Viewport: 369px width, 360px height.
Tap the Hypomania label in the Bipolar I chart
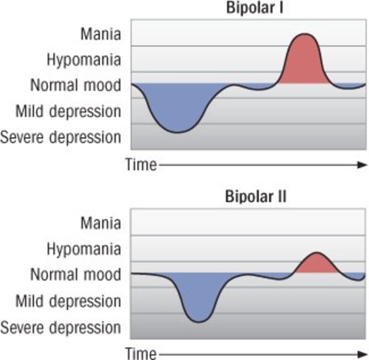(x=84, y=59)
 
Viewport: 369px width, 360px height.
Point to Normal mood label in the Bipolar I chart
(x=75, y=85)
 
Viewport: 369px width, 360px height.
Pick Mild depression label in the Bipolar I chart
(x=69, y=111)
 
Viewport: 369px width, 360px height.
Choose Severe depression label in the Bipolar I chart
(x=61, y=137)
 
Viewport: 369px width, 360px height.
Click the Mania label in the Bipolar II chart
(x=101, y=223)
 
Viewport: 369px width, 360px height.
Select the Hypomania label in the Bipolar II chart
(x=84, y=249)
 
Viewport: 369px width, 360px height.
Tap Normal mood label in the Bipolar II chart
(x=75, y=274)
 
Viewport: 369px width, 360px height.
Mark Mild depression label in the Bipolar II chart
(x=69, y=300)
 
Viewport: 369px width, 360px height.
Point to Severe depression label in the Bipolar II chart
(x=61, y=327)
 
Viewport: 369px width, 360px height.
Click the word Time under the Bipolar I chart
(x=140, y=165)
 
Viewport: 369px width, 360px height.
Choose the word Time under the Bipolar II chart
(x=140, y=354)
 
